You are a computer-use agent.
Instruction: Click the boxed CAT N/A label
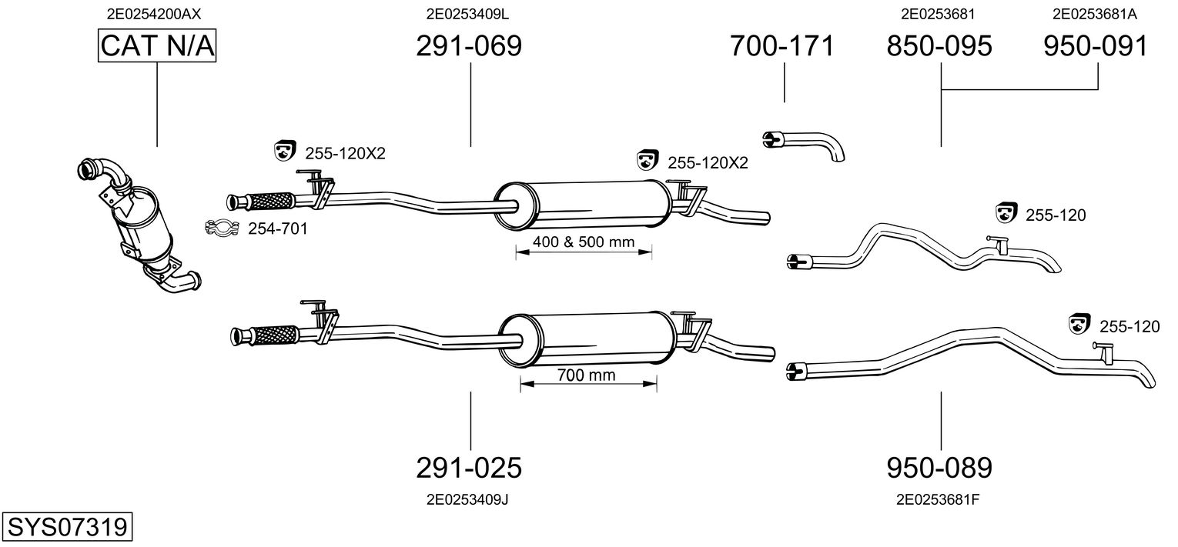click(157, 46)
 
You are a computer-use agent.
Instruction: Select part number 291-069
click(469, 46)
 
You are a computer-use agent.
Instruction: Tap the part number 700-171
click(782, 46)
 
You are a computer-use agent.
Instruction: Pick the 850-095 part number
click(939, 46)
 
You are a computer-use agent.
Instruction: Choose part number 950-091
click(1096, 46)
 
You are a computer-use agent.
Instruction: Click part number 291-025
click(469, 467)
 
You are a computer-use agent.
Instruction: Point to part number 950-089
click(939, 467)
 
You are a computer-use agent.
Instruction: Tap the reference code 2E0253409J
click(468, 499)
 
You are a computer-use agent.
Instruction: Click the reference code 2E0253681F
click(938, 499)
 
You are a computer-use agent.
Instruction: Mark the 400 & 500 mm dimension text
click(584, 242)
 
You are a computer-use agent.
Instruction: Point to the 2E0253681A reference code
click(1094, 14)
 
